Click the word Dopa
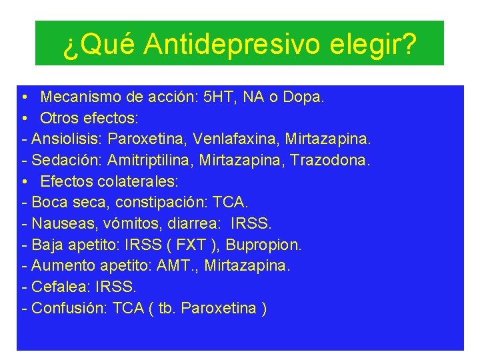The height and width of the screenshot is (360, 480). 303,97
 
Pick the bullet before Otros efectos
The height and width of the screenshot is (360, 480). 23,119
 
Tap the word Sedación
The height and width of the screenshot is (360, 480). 64,161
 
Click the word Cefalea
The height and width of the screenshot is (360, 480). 61,287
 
